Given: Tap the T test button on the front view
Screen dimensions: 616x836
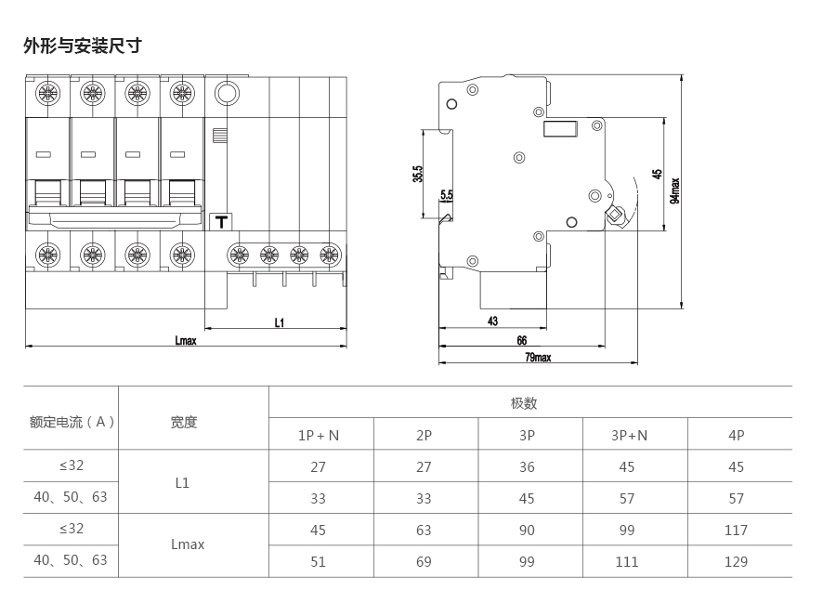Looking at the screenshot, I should pos(221,222).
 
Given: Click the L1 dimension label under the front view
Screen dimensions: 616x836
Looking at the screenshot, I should pos(279,322).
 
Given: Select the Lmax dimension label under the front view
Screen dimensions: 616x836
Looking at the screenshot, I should pos(186,341).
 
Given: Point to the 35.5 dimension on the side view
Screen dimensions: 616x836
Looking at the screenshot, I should pos(418,174).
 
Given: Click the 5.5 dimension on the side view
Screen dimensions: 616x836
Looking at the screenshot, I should pos(446,195).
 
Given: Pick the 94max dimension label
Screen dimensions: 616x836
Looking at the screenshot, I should pos(675,190).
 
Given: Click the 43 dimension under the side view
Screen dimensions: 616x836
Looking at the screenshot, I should pos(492,321).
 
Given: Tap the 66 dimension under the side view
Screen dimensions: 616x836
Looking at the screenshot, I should pos(522,341).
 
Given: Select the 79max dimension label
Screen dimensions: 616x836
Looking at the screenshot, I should pos(538,357).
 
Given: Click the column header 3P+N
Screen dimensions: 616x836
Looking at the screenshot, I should pos(629,435).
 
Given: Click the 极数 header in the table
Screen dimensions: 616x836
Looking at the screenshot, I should pos(524,403).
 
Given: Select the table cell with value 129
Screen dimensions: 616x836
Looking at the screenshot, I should pos(736,561).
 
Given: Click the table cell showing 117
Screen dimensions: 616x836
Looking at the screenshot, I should pos(736,531).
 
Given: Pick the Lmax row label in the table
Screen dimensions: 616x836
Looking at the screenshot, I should pos(188,544).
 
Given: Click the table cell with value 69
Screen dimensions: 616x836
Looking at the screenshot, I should pos(424,561).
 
